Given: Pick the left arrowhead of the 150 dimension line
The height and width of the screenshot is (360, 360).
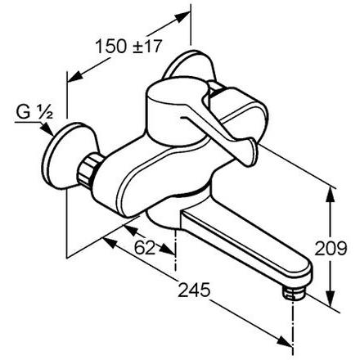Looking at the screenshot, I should click(70, 78).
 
